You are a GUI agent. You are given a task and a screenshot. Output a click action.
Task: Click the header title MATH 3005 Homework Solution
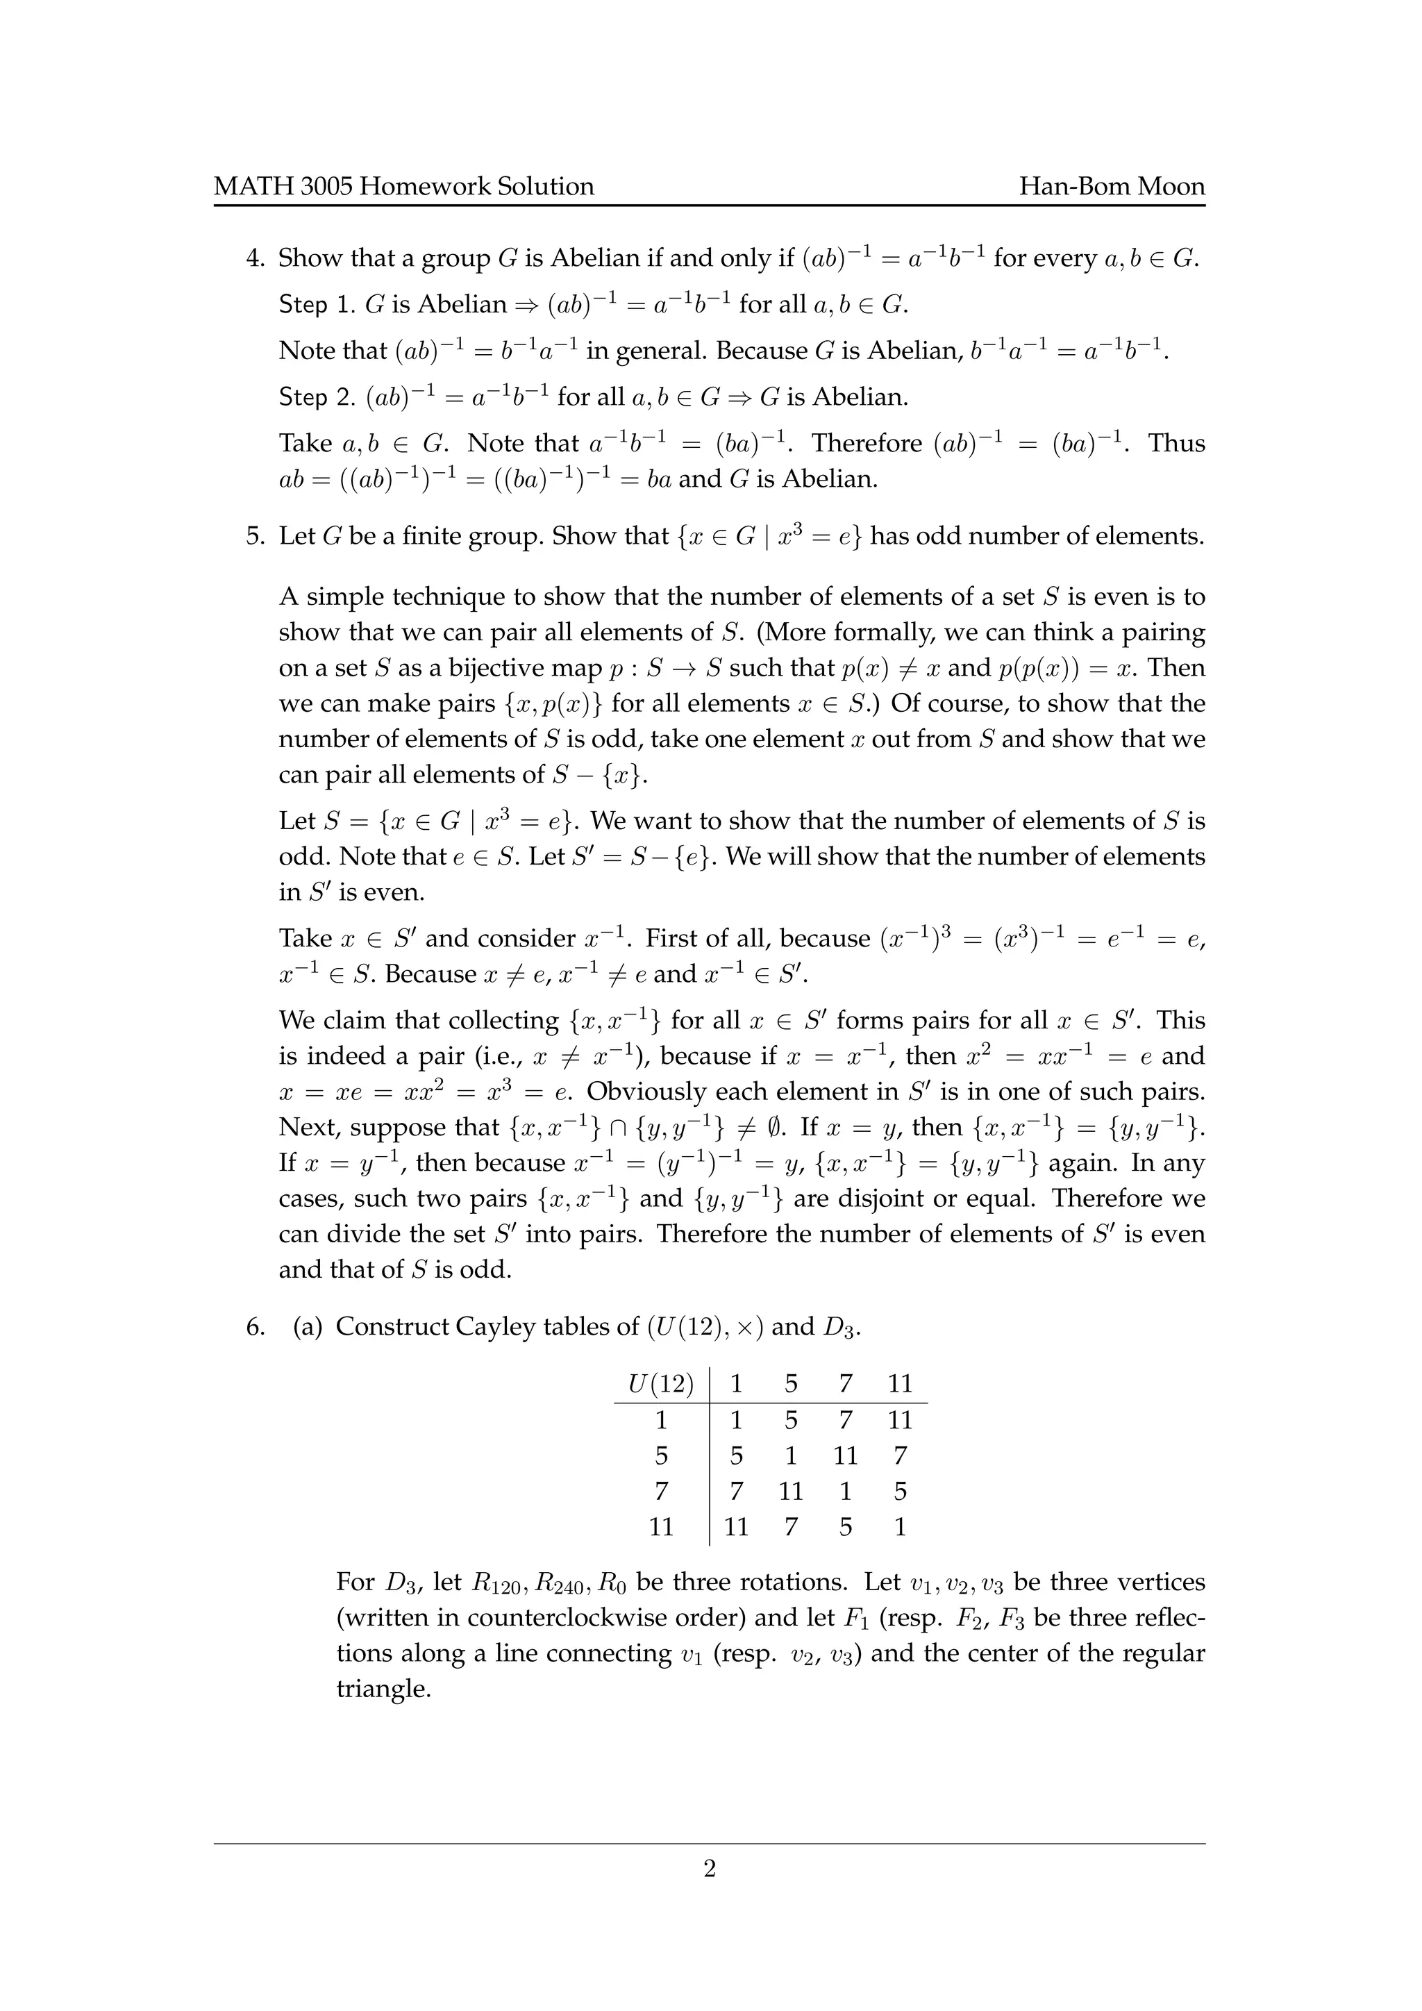click(x=403, y=187)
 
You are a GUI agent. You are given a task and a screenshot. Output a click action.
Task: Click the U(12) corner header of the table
click(x=661, y=1384)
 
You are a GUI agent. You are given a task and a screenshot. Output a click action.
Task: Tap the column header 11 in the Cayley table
click(x=900, y=1384)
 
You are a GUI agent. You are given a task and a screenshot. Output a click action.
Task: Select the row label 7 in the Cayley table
click(x=661, y=1492)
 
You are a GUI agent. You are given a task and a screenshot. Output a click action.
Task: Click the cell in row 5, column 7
click(x=845, y=1455)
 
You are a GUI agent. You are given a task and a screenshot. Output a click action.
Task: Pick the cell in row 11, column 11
click(x=900, y=1528)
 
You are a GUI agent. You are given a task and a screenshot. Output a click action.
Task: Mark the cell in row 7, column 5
click(x=791, y=1492)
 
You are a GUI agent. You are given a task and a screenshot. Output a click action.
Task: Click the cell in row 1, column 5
click(x=791, y=1420)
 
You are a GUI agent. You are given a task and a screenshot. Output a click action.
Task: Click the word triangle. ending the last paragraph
click(x=383, y=1689)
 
